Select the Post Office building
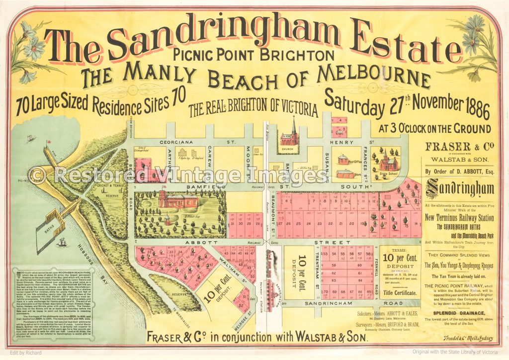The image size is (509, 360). coord(343,160)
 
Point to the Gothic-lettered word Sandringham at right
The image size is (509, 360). coord(460,189)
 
